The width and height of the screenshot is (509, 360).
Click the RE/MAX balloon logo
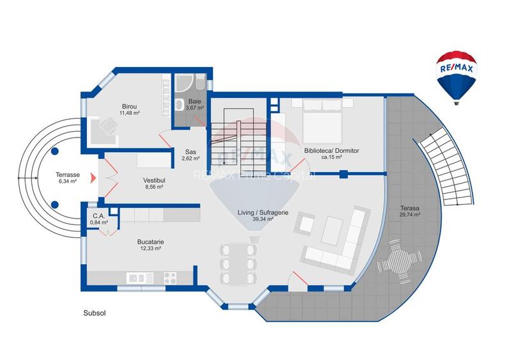click(456, 78)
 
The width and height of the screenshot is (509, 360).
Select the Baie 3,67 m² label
click(194, 104)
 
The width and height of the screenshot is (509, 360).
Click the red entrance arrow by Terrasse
click(93, 178)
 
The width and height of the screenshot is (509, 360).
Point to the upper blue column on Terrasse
click(54, 151)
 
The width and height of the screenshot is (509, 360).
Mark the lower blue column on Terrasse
click(54, 205)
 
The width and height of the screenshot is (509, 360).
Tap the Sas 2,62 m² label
click(191, 155)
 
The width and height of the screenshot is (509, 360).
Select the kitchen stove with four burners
click(170, 278)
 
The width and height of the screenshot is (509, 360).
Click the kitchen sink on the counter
click(140, 278)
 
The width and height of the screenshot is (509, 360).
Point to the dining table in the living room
click(239, 264)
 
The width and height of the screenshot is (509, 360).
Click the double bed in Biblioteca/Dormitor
click(322, 121)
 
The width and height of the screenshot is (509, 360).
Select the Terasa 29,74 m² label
click(410, 211)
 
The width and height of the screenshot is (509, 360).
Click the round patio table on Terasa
click(399, 262)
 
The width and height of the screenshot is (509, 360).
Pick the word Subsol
click(95, 313)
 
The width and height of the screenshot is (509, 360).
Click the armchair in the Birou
click(109, 125)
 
